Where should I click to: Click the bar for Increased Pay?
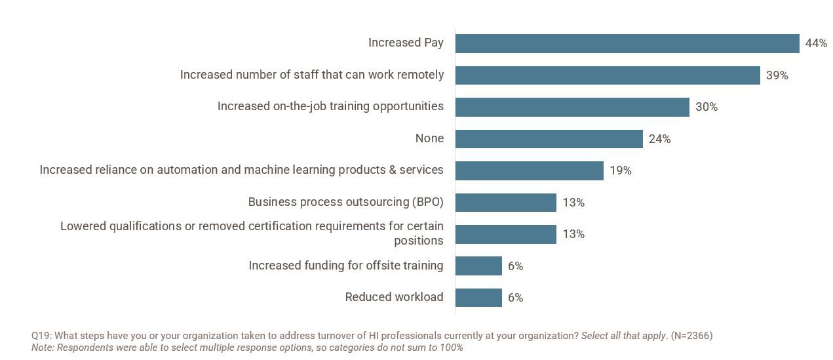(x=627, y=43)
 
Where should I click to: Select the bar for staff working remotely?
(x=608, y=75)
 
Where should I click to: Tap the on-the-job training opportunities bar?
(x=572, y=107)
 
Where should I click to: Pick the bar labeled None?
(x=549, y=139)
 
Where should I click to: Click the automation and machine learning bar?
(x=529, y=170)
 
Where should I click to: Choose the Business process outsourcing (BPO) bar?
(x=505, y=203)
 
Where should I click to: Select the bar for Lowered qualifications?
(x=505, y=234)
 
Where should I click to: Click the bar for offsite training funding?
(x=478, y=266)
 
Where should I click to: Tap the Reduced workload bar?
(x=478, y=298)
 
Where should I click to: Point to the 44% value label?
(x=816, y=43)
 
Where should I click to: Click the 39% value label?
(x=777, y=75)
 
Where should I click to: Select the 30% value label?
(x=706, y=107)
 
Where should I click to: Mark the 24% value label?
(x=659, y=139)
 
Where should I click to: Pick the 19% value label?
(x=620, y=170)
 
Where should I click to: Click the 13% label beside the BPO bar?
(x=573, y=203)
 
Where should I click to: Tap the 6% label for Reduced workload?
(x=515, y=298)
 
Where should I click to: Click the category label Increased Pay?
(x=406, y=43)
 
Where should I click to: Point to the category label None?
(x=429, y=138)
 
